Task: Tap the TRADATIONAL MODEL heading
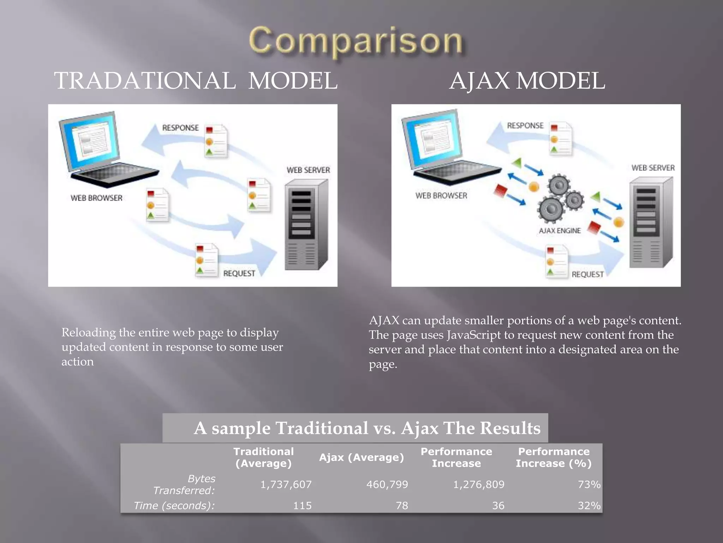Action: pos(196,81)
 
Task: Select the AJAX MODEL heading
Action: pos(527,81)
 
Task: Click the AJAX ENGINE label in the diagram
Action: pos(560,231)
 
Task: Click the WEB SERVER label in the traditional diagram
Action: pos(308,170)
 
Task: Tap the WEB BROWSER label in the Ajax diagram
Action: pos(441,195)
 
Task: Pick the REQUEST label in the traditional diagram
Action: pos(239,273)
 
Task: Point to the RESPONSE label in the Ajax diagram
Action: pos(525,125)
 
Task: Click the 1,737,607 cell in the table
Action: pos(286,484)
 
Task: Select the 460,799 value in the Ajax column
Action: pos(387,484)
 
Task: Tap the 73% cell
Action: pos(589,484)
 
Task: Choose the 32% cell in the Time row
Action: pos(589,506)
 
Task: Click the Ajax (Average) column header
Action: pos(361,457)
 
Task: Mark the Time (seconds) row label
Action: pos(174,506)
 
